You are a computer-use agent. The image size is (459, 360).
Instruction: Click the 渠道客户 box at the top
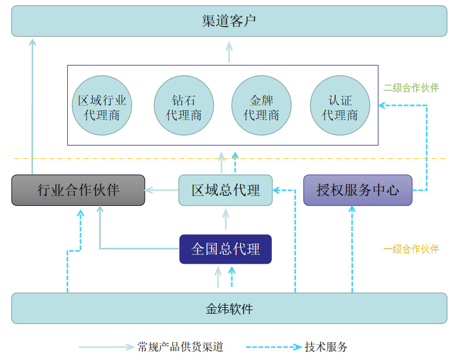point(229,21)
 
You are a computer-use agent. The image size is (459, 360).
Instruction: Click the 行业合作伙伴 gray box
point(78,190)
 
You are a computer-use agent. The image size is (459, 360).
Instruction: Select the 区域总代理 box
point(225,190)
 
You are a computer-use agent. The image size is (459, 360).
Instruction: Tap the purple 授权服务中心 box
point(358,190)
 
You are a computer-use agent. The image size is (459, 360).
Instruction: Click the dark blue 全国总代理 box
point(225,249)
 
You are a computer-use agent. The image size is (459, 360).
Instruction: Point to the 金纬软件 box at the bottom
point(229,308)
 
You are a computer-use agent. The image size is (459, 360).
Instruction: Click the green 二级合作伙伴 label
point(411,88)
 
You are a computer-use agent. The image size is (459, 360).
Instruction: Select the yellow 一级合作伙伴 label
point(411,249)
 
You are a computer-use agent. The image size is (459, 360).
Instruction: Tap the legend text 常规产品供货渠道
point(180,347)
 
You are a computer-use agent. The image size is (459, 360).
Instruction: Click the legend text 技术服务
point(326,347)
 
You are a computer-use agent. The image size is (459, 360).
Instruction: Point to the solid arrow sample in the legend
point(106,347)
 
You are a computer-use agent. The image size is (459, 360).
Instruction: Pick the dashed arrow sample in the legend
point(274,347)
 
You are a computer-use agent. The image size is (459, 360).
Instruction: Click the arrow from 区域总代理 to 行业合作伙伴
point(162,190)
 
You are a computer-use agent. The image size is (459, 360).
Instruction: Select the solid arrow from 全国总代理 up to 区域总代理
point(226,220)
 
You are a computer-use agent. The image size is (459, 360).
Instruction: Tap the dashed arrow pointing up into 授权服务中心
point(352,249)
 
